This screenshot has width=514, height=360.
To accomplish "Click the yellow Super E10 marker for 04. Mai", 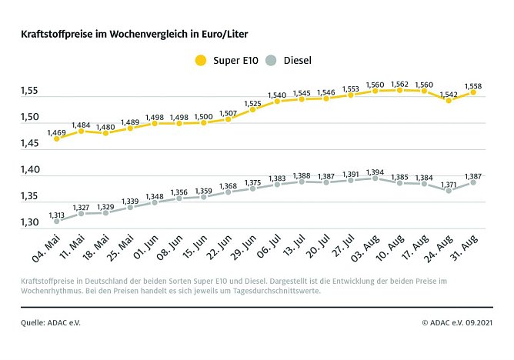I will click(x=56, y=138).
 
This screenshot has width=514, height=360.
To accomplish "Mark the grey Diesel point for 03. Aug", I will click(x=375, y=178).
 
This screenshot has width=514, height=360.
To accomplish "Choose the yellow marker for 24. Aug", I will click(x=449, y=100).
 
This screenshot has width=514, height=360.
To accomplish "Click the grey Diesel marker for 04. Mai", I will click(x=56, y=221).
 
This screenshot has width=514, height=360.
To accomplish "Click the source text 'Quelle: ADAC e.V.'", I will click(x=51, y=322).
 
